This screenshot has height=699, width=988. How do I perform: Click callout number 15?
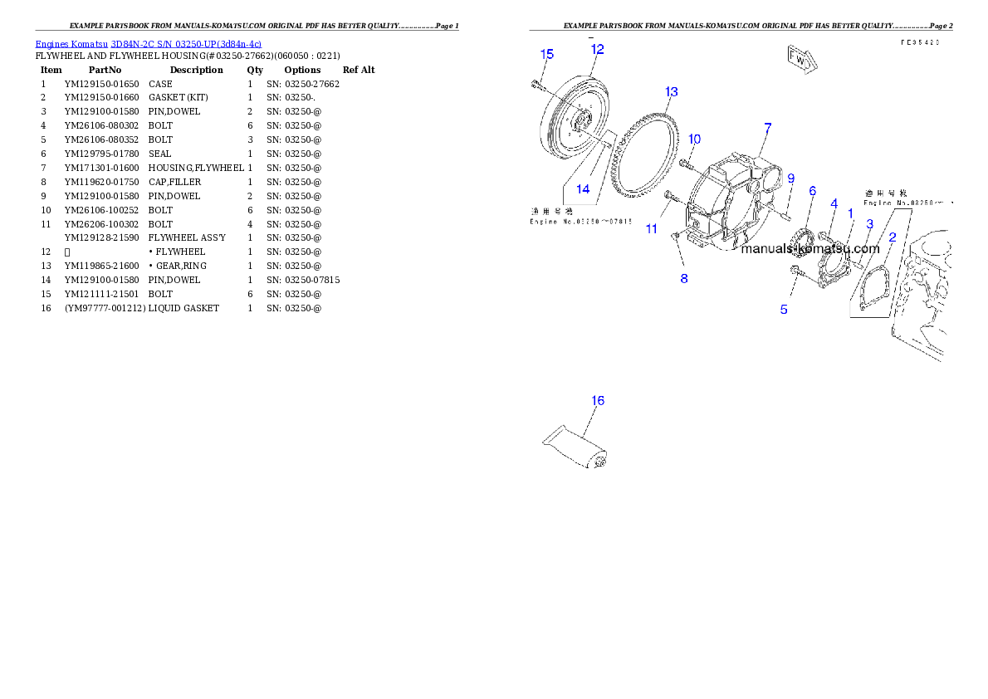546,55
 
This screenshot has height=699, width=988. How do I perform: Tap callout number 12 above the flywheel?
597,49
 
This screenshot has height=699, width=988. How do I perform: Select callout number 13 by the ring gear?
671,91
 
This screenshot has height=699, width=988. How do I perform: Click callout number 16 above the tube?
597,401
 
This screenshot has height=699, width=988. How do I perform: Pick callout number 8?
684,278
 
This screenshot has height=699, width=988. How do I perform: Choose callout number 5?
784,310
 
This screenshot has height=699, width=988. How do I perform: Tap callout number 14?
583,189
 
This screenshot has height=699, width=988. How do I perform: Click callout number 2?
893,237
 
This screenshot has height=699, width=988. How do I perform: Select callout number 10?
695,139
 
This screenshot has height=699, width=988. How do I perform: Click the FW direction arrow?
799,59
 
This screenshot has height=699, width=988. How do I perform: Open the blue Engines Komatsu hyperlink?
148,44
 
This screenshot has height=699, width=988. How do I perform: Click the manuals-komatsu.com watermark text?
809,248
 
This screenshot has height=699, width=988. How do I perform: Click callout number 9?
790,178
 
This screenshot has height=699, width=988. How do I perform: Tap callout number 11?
651,228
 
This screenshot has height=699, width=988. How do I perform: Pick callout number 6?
812,192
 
